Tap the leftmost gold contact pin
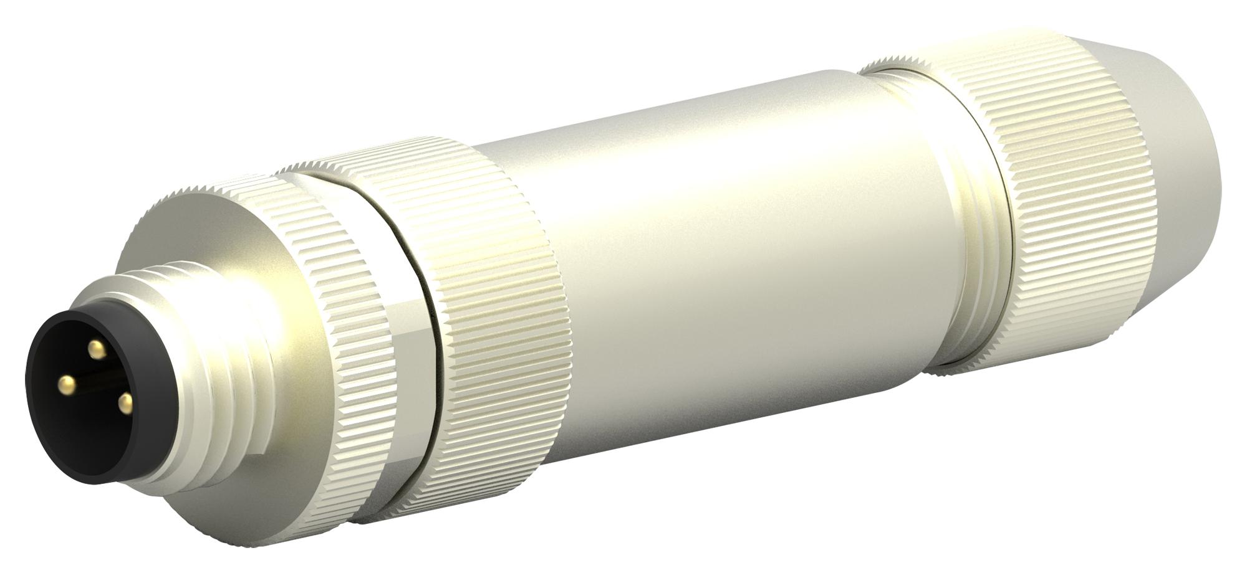[x=65, y=381]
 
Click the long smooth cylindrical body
[x=717, y=249]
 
